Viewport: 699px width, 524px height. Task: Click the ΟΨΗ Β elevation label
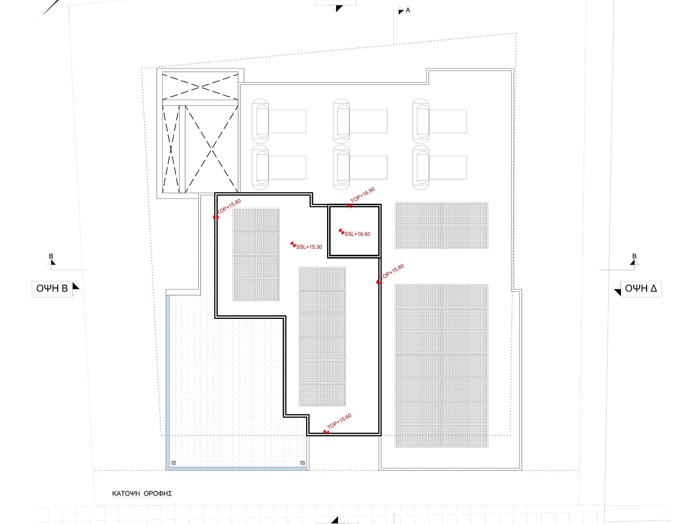tap(52, 288)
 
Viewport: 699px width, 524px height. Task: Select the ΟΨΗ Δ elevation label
tap(641, 288)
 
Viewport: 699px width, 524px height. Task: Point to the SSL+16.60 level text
tap(358, 234)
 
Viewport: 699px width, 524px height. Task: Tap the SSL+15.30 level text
tap(309, 247)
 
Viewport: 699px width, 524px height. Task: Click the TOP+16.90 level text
tap(363, 195)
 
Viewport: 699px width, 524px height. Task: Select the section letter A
tap(408, 10)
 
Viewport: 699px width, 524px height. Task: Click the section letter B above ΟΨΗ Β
tap(51, 256)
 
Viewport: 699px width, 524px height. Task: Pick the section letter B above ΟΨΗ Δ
tap(634, 256)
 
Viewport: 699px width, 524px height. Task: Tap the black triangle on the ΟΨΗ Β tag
tap(75, 286)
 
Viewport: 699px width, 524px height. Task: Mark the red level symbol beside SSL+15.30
tap(293, 244)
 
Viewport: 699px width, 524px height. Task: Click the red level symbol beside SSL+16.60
tap(341, 232)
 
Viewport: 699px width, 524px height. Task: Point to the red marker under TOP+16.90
tap(349, 206)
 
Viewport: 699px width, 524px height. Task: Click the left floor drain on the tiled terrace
tap(174, 463)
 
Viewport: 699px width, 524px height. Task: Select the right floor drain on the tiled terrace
tap(302, 463)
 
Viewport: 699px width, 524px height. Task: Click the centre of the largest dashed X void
tap(212, 149)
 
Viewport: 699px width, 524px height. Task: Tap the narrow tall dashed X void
tap(170, 149)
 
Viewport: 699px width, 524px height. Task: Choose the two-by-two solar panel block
tap(442, 225)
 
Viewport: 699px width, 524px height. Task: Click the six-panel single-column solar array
tap(322, 337)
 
